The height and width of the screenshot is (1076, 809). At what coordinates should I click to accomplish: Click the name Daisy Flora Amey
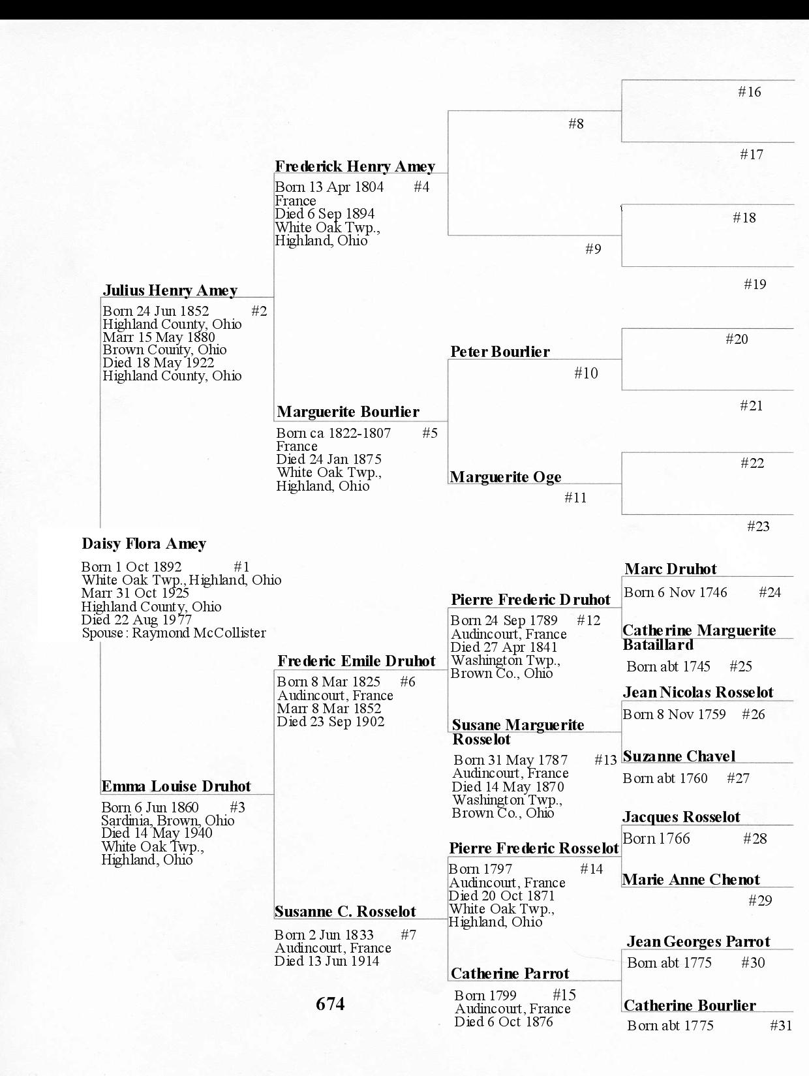point(144,544)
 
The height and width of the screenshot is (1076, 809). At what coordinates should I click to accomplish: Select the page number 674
point(330,1004)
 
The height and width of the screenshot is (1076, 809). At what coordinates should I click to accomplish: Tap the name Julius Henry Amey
point(170,290)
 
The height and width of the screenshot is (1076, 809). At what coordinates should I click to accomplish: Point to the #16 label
point(749,92)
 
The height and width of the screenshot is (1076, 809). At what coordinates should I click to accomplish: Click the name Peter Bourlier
point(500,352)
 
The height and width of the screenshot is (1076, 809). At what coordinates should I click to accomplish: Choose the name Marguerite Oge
point(506,477)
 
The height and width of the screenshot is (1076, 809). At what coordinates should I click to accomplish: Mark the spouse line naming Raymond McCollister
point(174,633)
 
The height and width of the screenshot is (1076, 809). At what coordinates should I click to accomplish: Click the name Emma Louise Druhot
point(176,786)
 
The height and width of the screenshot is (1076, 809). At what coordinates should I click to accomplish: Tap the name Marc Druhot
point(670,569)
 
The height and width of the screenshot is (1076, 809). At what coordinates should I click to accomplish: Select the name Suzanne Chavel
point(679,756)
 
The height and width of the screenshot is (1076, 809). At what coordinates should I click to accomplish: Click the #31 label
point(780,1026)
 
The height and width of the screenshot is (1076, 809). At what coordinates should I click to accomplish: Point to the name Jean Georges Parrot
point(698,942)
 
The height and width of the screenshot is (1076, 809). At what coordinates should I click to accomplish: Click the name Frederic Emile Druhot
point(356,661)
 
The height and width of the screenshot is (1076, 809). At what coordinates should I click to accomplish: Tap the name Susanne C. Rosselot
point(345,912)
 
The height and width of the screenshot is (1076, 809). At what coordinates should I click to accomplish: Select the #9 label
point(593,249)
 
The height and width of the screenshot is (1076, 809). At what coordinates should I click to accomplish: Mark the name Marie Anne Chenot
point(691,880)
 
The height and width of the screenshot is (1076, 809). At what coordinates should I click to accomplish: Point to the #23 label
point(757,527)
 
